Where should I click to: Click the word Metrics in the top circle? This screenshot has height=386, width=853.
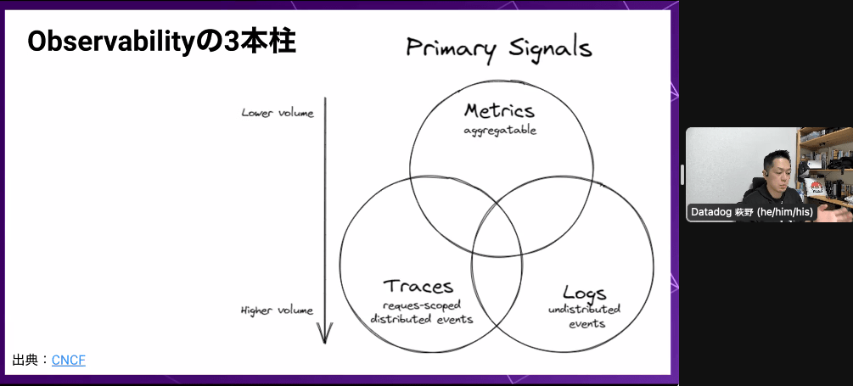click(499, 111)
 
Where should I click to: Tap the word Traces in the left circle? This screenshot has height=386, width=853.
click(418, 287)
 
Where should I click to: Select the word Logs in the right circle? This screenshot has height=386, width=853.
click(584, 294)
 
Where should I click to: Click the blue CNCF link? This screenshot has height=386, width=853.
click(69, 361)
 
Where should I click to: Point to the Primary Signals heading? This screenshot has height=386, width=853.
click(498, 48)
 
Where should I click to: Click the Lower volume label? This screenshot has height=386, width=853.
click(277, 113)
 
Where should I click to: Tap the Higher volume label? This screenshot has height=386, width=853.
click(277, 310)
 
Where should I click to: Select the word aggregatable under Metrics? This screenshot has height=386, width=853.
click(500, 131)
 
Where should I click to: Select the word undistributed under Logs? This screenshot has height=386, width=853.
click(584, 309)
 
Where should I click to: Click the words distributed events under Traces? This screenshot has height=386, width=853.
click(422, 319)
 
